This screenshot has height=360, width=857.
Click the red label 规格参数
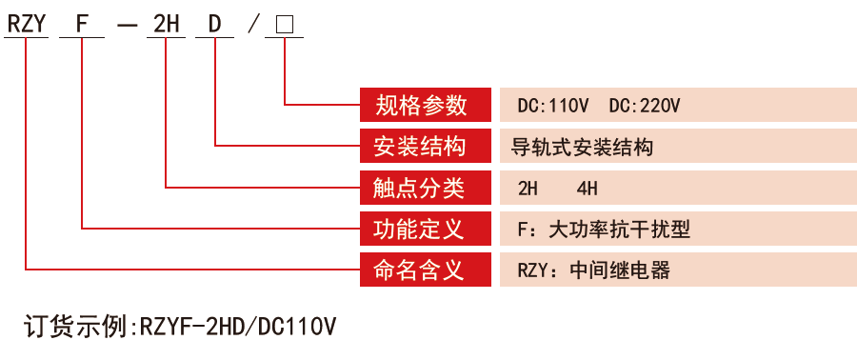(425, 105)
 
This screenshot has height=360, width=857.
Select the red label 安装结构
(425, 147)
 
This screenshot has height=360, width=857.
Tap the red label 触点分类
(425, 188)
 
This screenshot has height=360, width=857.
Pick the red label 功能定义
(425, 229)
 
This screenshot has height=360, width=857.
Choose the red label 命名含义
(425, 270)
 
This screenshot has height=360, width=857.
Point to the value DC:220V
(645, 106)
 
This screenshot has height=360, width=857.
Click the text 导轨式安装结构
(583, 148)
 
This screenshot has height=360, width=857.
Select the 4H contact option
(588, 189)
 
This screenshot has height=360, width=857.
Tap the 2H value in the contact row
(528, 189)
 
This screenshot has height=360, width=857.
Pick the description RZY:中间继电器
(593, 270)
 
